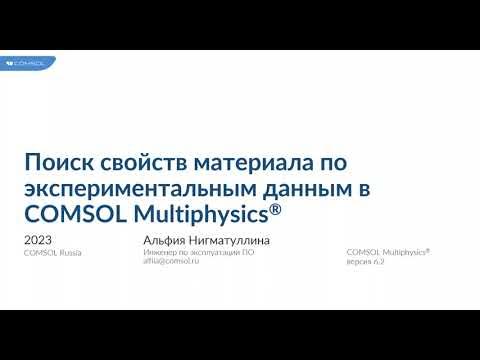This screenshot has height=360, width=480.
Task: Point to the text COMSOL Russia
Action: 52,253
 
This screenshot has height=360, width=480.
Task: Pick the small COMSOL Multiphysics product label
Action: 387,252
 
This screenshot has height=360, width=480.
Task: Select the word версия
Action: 358,261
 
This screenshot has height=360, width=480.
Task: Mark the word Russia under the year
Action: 68,253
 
